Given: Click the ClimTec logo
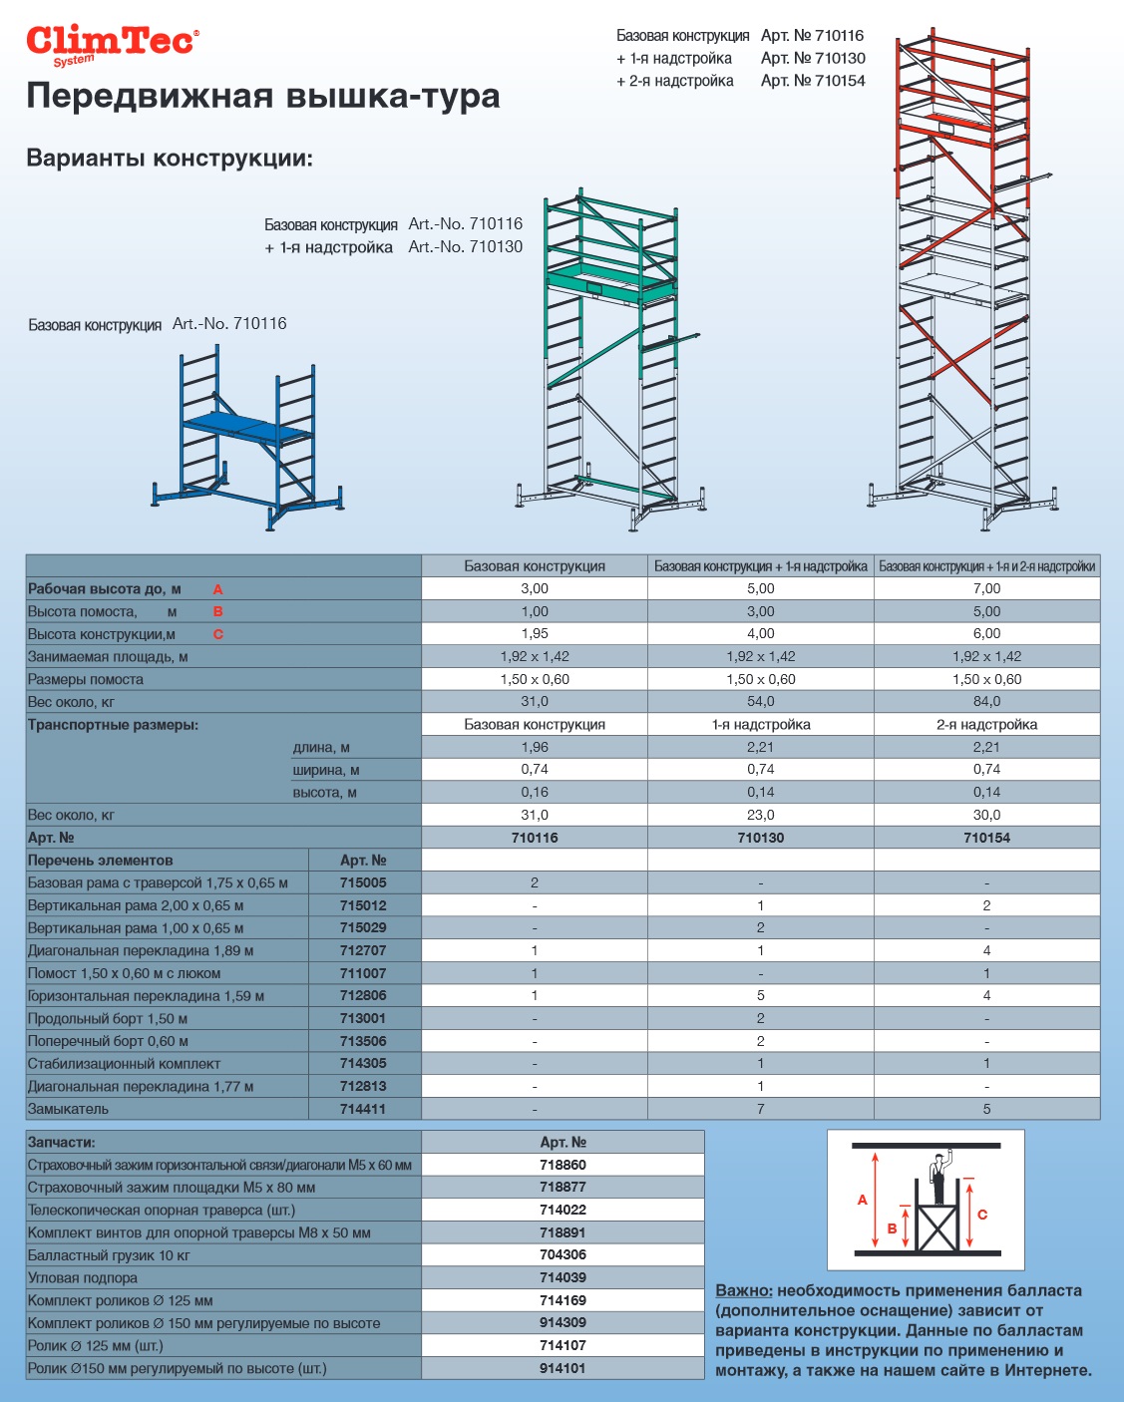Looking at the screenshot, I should [x=112, y=44].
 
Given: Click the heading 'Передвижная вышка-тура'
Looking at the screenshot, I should [x=263, y=97].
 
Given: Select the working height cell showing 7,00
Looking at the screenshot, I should [x=986, y=588].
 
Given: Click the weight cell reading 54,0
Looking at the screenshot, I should [x=760, y=702].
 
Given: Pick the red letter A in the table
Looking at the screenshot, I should [x=217, y=589].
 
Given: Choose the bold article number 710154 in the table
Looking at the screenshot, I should [x=986, y=838].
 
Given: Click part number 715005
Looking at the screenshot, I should [x=363, y=882].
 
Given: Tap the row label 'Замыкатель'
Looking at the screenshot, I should [x=69, y=1109].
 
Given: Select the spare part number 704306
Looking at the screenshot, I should [x=562, y=1254].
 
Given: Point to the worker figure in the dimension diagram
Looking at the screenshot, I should [x=937, y=1177].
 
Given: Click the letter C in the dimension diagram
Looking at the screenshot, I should [x=982, y=1214].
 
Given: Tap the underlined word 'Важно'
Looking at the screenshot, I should [x=743, y=1290].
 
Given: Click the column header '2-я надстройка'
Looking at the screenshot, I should [x=986, y=725].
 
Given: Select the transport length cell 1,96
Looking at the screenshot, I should [x=535, y=747].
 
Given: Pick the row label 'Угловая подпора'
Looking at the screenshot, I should [x=83, y=1277].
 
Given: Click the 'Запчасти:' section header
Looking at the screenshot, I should [x=62, y=1142].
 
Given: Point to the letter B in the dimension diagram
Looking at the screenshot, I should [x=892, y=1228].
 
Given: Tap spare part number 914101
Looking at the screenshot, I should [x=562, y=1368].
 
